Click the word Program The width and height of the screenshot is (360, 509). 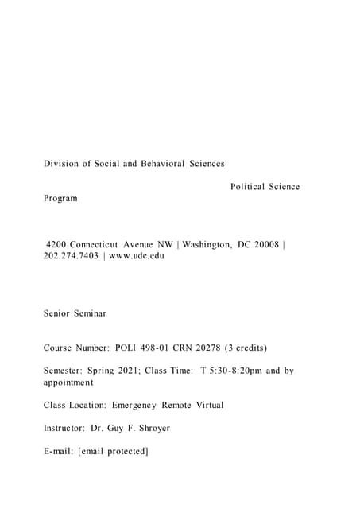pos(60,198)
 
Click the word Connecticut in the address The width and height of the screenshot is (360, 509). pos(96,244)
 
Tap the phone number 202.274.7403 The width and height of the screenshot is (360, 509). pos(69,256)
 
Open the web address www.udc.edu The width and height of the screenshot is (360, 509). pos(137,256)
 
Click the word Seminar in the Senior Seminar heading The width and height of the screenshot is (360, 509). pos(91,313)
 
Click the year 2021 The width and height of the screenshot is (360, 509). pos(126,371)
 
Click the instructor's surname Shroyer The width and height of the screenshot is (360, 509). pos(149,428)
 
